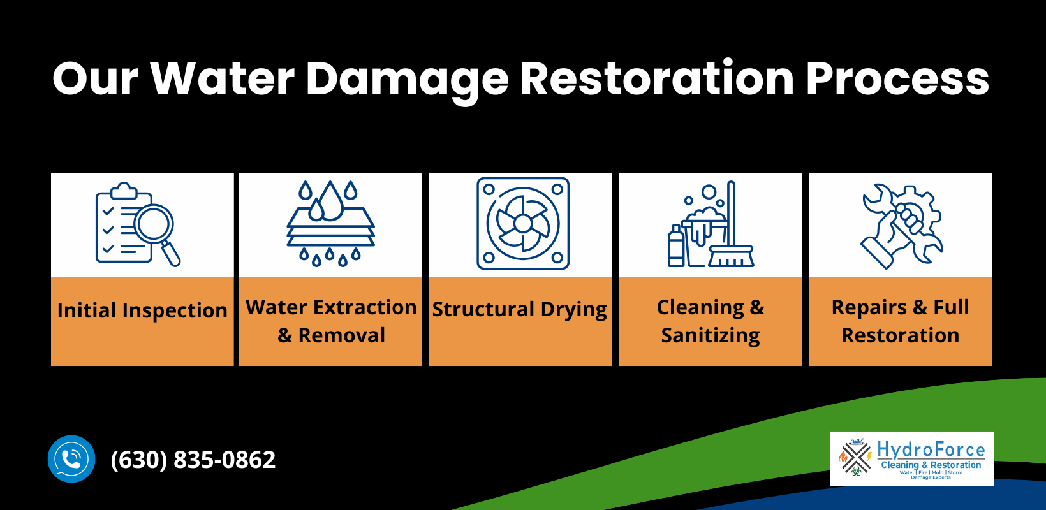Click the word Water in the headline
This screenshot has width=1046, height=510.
(x=222, y=79)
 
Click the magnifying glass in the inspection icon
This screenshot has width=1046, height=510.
(x=154, y=226)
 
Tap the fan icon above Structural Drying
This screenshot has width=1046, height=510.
(x=523, y=223)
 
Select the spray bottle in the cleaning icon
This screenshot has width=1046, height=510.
(x=675, y=247)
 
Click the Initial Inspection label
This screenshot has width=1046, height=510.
(x=142, y=310)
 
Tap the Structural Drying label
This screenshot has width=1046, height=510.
(x=520, y=309)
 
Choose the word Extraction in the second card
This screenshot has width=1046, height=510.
(x=365, y=307)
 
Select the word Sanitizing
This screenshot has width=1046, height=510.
(x=711, y=335)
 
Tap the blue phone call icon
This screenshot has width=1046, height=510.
(x=71, y=459)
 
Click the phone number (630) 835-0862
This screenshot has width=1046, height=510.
(x=193, y=460)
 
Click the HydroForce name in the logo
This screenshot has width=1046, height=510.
(x=931, y=450)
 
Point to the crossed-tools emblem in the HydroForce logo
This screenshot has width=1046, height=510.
(x=855, y=458)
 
